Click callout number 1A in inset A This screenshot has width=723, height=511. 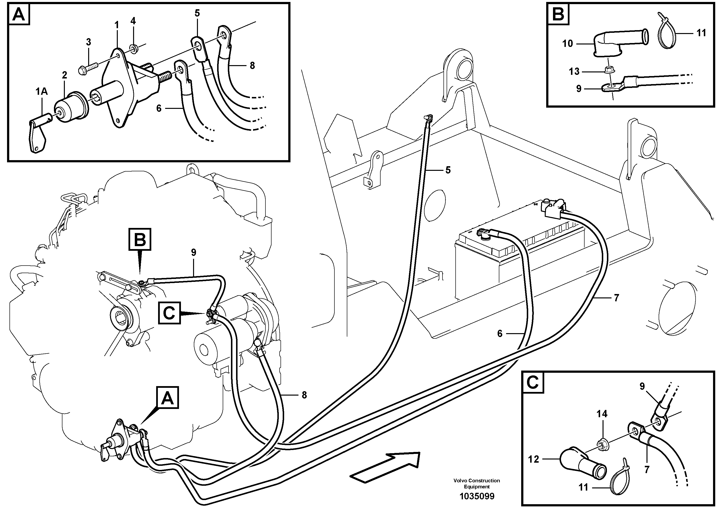41,92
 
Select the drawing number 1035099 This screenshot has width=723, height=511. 476,496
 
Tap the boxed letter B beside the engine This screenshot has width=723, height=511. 140,240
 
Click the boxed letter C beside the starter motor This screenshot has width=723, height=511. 170,313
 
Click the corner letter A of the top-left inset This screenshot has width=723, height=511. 19,15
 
